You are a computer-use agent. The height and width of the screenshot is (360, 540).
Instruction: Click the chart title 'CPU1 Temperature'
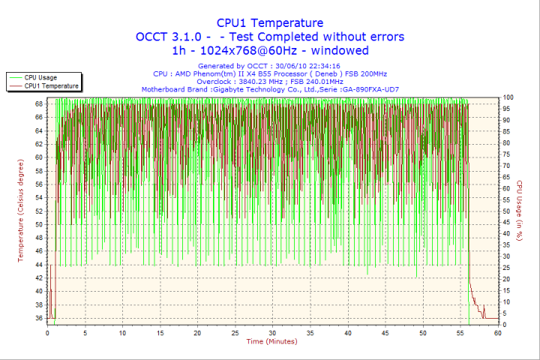click(270, 23)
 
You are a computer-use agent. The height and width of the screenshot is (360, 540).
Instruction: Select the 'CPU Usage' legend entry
click(40, 77)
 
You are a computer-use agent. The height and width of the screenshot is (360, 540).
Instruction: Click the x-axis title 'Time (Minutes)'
click(271, 341)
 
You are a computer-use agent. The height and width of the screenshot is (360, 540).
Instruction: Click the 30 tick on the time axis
click(272, 333)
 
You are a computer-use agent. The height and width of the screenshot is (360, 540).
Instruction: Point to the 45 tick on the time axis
click(385, 333)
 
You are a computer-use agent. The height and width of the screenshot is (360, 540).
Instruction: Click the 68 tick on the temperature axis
click(39, 103)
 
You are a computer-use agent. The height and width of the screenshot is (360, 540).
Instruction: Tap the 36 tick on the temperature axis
click(39, 318)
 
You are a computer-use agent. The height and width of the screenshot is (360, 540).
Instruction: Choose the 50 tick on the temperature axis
click(39, 224)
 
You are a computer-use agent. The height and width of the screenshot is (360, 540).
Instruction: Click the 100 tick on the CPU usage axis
click(508, 97)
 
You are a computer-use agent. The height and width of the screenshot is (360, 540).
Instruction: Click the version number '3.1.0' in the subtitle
click(191, 37)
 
